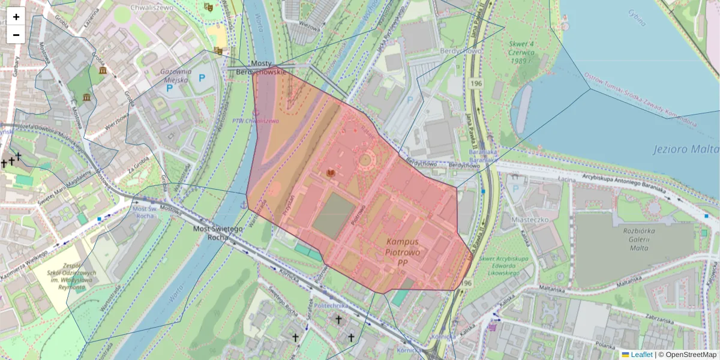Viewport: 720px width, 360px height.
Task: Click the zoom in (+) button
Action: pos(16,17)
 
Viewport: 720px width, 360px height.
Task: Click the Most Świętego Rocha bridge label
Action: pos(218,232)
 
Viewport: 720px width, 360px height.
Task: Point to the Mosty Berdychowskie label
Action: pos(262,68)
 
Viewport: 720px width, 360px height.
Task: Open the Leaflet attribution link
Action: pos(641,355)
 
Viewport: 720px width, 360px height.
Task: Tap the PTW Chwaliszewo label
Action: pos(256,121)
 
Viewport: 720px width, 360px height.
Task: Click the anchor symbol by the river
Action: pos(243,205)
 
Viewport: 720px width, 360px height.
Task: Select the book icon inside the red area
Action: pos(330,173)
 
